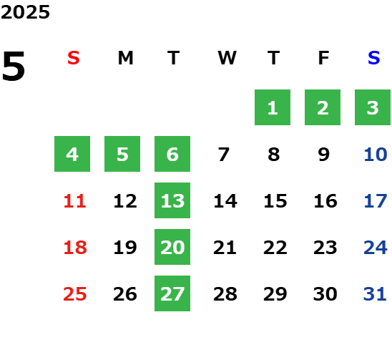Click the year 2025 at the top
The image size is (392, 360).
[25, 12]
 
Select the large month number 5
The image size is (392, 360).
[14, 66]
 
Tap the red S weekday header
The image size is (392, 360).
[74, 58]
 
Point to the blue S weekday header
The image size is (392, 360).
[373, 58]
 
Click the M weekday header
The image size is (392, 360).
[125, 58]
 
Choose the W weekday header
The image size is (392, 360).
[227, 58]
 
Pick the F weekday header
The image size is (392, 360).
[323, 58]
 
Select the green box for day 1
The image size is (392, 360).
[273, 107]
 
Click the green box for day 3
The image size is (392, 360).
[373, 107]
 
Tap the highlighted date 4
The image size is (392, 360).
[72, 154]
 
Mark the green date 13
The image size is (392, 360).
[172, 200]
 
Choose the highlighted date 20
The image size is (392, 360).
[172, 247]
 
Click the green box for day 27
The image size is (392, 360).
[172, 293]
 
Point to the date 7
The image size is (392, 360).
[223, 155]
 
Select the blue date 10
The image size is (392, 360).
[376, 155]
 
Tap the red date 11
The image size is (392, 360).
[75, 201]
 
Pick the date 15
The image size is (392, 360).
[275, 201]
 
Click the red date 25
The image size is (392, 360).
[75, 294]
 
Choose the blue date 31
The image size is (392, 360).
[375, 294]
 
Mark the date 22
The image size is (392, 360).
[275, 248]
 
